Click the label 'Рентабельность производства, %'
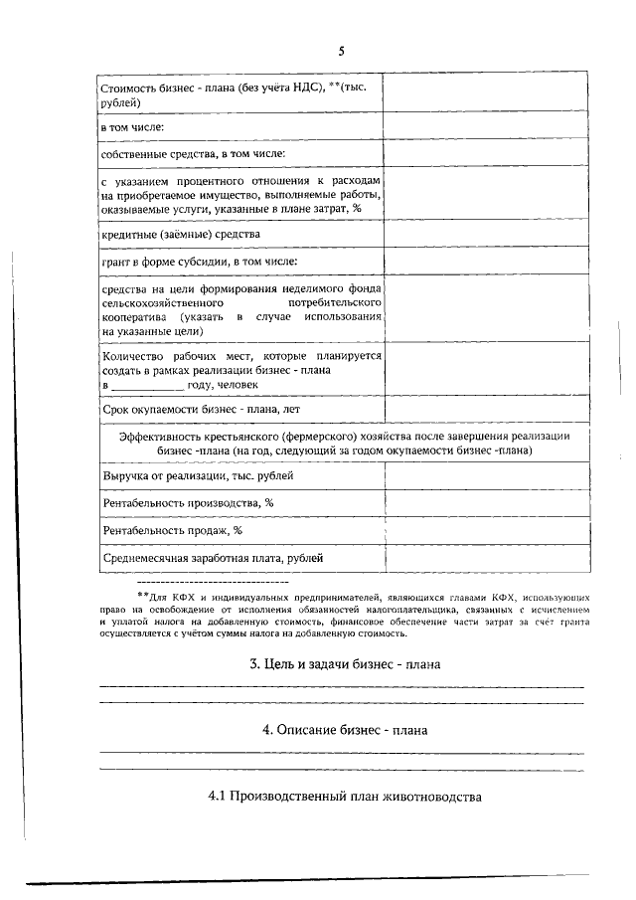coord(188,503)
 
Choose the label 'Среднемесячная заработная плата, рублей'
coord(213,558)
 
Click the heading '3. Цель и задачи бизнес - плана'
coord(344,663)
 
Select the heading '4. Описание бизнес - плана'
coord(344,729)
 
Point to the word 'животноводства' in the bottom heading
coord(431,797)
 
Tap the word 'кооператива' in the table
coord(135,316)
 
